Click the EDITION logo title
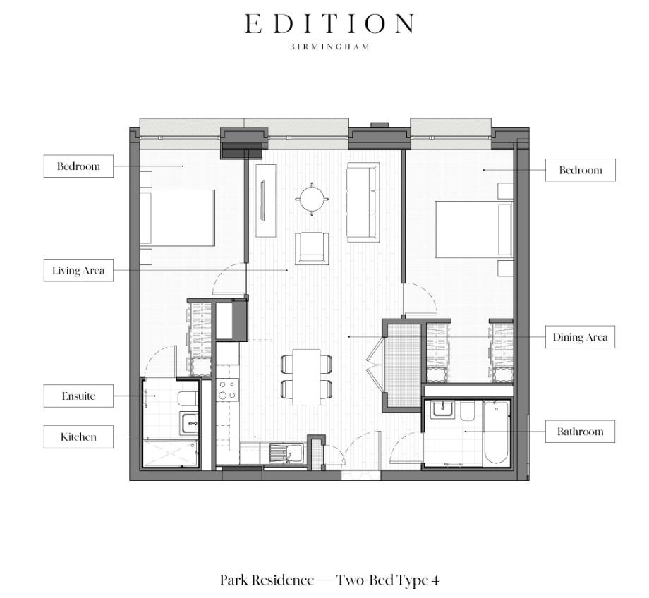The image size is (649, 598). click(x=329, y=25)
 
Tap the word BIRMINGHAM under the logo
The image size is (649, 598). click(x=329, y=47)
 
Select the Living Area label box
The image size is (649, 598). click(x=78, y=271)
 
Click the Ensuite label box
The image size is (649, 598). click(x=78, y=396)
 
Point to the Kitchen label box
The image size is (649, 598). click(x=78, y=437)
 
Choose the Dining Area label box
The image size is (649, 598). click(x=580, y=337)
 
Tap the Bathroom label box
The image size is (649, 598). click(x=580, y=432)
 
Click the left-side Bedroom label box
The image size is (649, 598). click(x=78, y=167)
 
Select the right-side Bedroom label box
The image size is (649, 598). click(x=580, y=170)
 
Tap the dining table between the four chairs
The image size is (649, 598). click(x=307, y=377)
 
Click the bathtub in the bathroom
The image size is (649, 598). click(x=496, y=432)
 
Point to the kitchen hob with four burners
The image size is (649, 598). click(x=227, y=390)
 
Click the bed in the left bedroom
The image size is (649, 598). click(x=178, y=218)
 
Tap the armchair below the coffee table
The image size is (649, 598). click(x=311, y=248)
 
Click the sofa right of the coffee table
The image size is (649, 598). click(x=363, y=202)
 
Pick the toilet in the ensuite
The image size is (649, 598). click(x=187, y=399)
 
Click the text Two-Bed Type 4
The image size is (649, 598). click(x=388, y=580)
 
